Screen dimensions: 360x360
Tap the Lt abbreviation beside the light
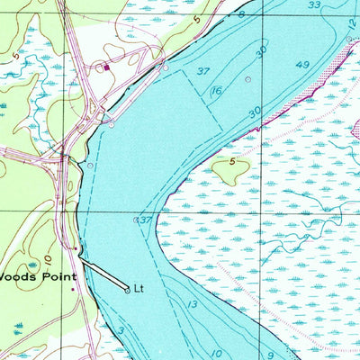[x=139, y=289]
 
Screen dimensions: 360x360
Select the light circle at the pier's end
[x=126, y=289]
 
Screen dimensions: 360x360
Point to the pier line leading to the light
[x=102, y=274]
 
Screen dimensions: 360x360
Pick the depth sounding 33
[x=313, y=5]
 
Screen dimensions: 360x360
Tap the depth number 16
[x=218, y=91]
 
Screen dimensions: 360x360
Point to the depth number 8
[x=241, y=15]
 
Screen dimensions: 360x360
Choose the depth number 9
[x=270, y=355]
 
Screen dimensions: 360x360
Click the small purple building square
[x=106, y=66]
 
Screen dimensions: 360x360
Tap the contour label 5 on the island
[x=231, y=163]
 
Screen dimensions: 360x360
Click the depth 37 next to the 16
[x=203, y=71]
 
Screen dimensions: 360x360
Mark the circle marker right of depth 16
[x=248, y=79]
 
